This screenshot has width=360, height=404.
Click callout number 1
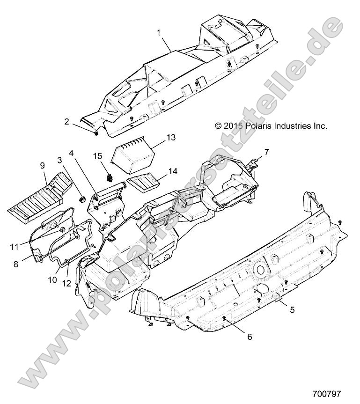coord(159,33)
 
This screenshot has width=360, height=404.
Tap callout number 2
coord(67,121)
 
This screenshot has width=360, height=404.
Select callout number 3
coord(60,160)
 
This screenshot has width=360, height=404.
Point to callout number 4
coord(71,153)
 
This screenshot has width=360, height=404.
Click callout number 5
coord(292,309)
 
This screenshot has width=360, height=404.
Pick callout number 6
coord(250,337)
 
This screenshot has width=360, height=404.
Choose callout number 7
coord(266,152)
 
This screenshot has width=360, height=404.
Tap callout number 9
coord(43,165)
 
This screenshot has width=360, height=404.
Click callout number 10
coord(52,280)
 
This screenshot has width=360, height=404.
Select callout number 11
coord(15,247)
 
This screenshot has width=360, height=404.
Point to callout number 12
coord(66,283)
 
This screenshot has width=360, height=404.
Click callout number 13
coord(171,137)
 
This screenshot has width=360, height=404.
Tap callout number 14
coord(173,171)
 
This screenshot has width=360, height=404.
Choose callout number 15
coord(98,156)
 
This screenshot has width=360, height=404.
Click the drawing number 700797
coord(326,394)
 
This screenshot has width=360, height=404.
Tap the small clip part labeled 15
coord(110,177)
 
